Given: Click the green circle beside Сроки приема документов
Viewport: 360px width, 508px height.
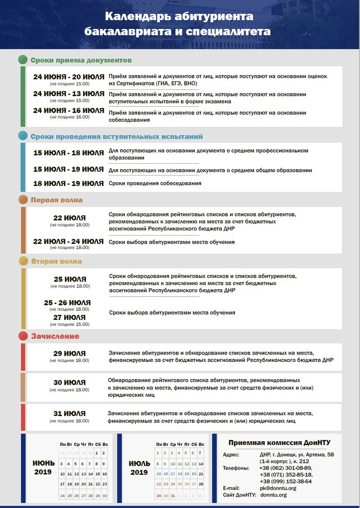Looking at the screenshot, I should click(x=23, y=60).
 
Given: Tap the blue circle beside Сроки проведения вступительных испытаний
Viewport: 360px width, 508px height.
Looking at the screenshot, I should click(x=23, y=136).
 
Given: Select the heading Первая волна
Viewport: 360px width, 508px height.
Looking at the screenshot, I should click(x=57, y=200).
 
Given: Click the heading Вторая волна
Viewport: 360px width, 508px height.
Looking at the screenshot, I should click(x=56, y=261).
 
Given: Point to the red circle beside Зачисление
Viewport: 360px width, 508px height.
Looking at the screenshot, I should click(x=23, y=336).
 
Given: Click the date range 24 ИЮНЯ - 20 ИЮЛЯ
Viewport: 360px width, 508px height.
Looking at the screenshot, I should click(x=69, y=77).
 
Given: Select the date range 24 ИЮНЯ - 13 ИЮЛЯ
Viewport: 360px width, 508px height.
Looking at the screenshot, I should click(x=69, y=94).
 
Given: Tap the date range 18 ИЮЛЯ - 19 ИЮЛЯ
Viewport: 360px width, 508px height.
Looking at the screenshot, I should click(x=69, y=183).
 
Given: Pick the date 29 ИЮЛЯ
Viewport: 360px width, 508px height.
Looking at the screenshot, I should click(x=70, y=354).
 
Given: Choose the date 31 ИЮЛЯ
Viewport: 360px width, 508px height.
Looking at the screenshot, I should click(x=70, y=414).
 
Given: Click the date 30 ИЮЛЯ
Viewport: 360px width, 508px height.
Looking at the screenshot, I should click(x=70, y=382).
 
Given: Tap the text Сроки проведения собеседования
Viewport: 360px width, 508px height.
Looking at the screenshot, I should click(x=155, y=183).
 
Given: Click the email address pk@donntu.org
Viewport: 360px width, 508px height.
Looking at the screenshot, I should click(x=278, y=488).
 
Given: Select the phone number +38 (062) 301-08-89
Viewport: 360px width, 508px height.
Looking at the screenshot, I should click(x=285, y=468).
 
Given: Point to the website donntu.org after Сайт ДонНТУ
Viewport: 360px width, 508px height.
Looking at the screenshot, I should click(x=273, y=495).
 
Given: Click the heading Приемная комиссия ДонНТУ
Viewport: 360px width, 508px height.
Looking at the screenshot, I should click(x=279, y=443).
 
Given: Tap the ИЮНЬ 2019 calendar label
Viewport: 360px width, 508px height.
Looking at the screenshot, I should click(x=44, y=467).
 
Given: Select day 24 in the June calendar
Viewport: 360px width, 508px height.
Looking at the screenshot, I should click(x=63, y=496).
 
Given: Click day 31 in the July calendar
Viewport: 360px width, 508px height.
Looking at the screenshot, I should click(x=172, y=496).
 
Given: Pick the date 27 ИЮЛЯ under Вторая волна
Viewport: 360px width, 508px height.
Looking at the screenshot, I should click(x=70, y=317).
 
